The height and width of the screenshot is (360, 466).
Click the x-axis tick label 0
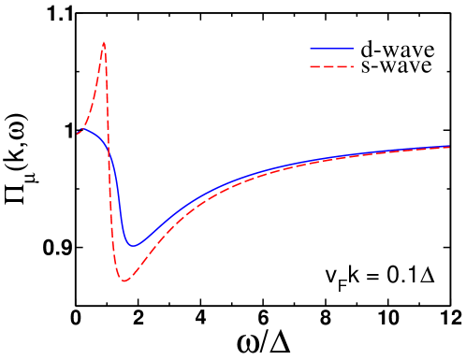point(76,320)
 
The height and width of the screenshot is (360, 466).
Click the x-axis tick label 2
point(138,320)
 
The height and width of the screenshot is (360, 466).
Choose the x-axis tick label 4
point(201,320)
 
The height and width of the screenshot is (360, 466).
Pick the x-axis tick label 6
point(263,320)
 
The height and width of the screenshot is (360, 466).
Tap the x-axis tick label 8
point(326,320)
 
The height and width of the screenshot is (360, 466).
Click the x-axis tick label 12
point(449,320)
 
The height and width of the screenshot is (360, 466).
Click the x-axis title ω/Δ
point(263,344)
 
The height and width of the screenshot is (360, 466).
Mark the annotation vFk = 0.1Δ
point(384,277)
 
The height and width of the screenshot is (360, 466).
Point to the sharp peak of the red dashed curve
point(104,43)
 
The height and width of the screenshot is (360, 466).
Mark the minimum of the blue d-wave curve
point(133,246)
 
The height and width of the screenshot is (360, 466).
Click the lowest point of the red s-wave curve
point(124,281)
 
